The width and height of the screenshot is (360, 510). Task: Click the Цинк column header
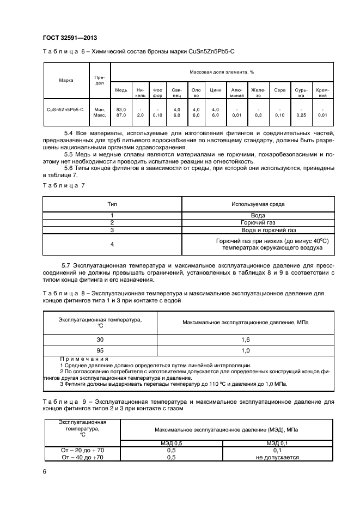[215, 90]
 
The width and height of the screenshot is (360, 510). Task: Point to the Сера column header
[279, 90]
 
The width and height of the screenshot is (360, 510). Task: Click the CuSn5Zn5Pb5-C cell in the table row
[66, 109]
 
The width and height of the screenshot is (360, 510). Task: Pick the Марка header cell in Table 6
[66, 80]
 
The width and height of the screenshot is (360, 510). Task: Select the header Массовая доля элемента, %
[222, 72]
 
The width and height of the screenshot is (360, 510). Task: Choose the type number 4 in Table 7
[112, 244]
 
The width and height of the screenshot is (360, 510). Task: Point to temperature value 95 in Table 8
[100, 350]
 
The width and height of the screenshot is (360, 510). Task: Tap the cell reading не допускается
[277, 457]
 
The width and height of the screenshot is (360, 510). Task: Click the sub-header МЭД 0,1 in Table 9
[277, 444]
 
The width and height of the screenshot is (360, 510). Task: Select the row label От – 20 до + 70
[83, 450]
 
